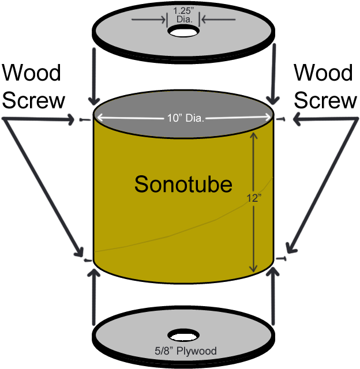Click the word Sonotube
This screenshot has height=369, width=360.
(183, 184)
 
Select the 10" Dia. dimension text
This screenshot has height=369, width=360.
(184, 119)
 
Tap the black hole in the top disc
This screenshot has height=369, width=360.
(184, 32)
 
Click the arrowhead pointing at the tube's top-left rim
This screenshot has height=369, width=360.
(72, 120)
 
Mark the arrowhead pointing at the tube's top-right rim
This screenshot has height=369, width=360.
(297, 120)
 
